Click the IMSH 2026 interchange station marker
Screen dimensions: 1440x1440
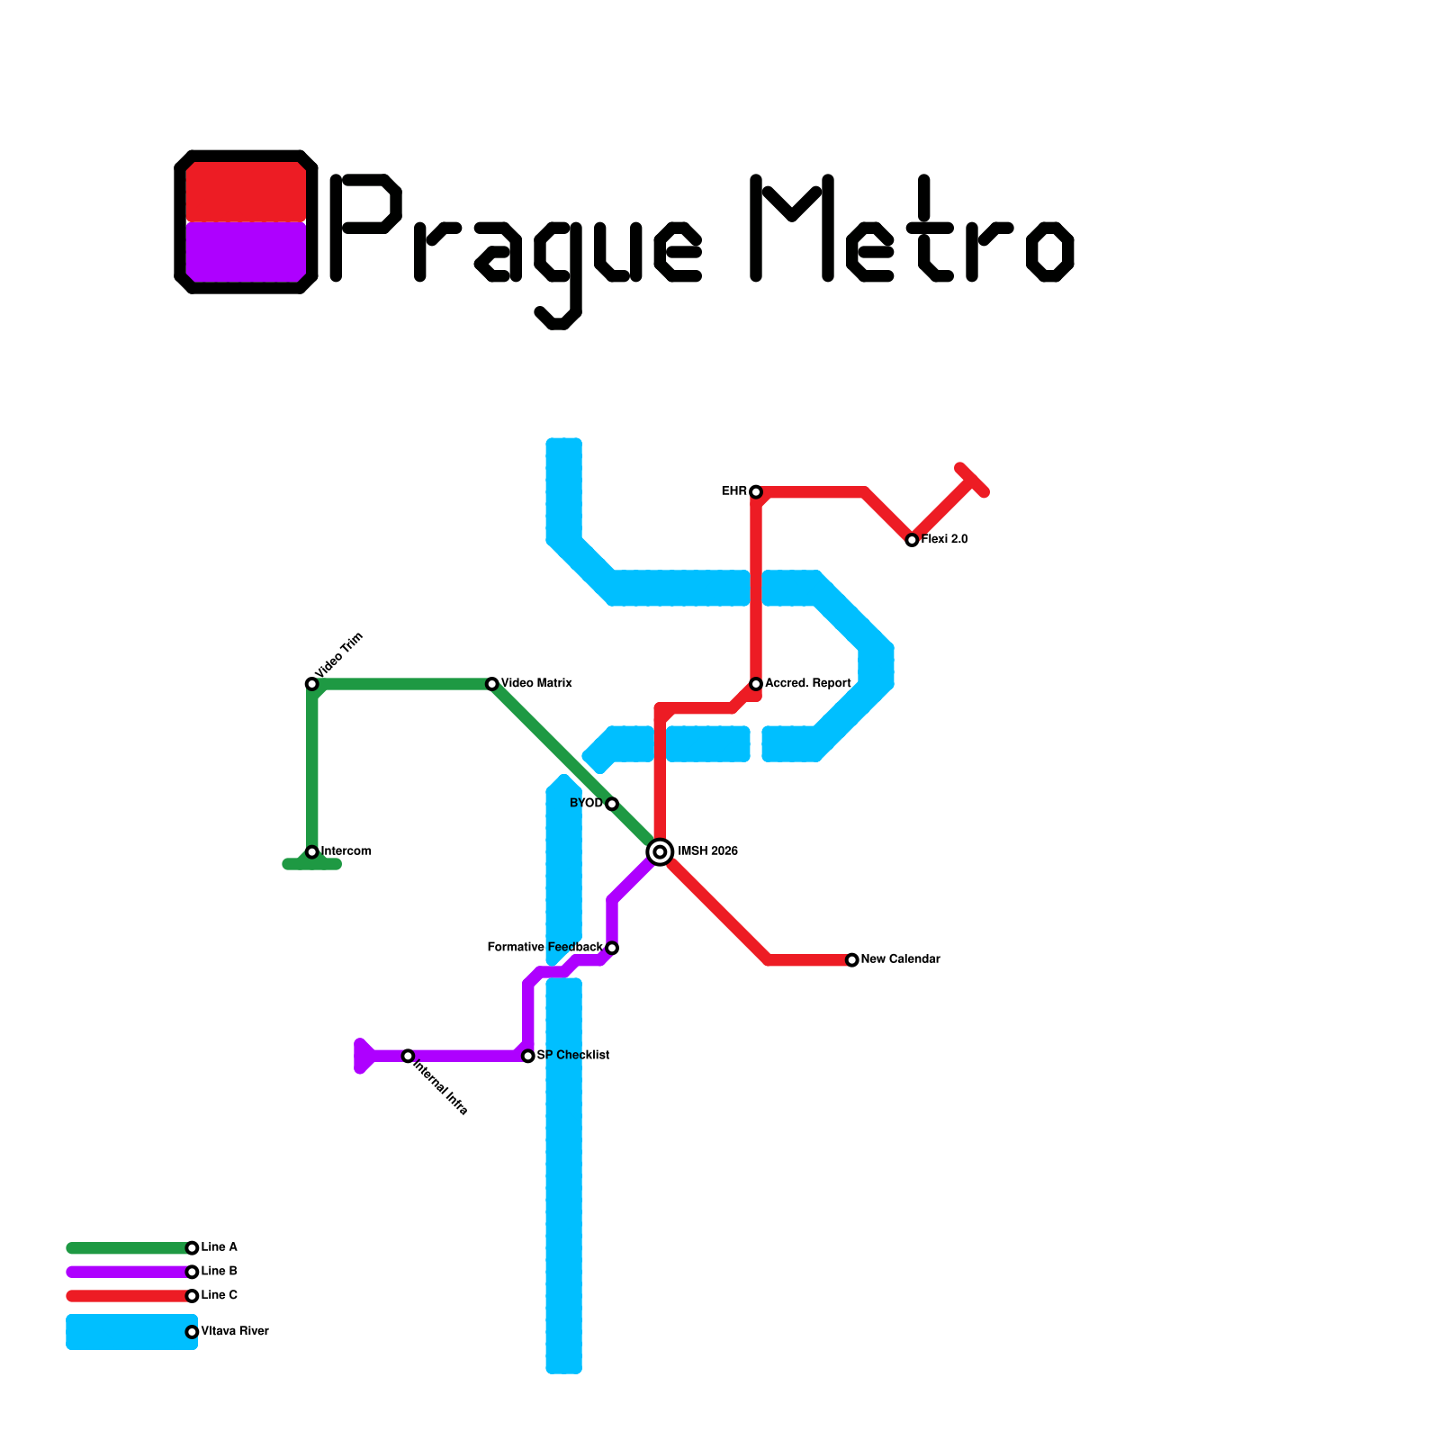(660, 851)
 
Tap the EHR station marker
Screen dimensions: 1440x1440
(756, 491)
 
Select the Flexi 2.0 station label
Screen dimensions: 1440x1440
(944, 540)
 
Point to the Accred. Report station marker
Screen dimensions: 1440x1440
(756, 684)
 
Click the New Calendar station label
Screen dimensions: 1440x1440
(900, 959)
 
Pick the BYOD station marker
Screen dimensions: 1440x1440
(612, 804)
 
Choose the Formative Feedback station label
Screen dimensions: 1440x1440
(544, 948)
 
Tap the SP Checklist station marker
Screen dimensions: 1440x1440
(528, 1056)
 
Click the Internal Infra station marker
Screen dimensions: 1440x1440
(408, 1056)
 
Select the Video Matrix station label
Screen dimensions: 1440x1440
(536, 684)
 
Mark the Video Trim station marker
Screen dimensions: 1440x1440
(311, 684)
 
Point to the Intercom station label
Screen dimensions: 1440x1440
(346, 851)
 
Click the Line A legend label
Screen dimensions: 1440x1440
(219, 1247)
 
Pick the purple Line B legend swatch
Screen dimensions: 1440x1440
(126, 1272)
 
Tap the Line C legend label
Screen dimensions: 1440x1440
(219, 1296)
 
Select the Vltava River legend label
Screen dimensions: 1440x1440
(234, 1332)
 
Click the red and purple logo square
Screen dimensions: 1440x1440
(246, 221)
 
